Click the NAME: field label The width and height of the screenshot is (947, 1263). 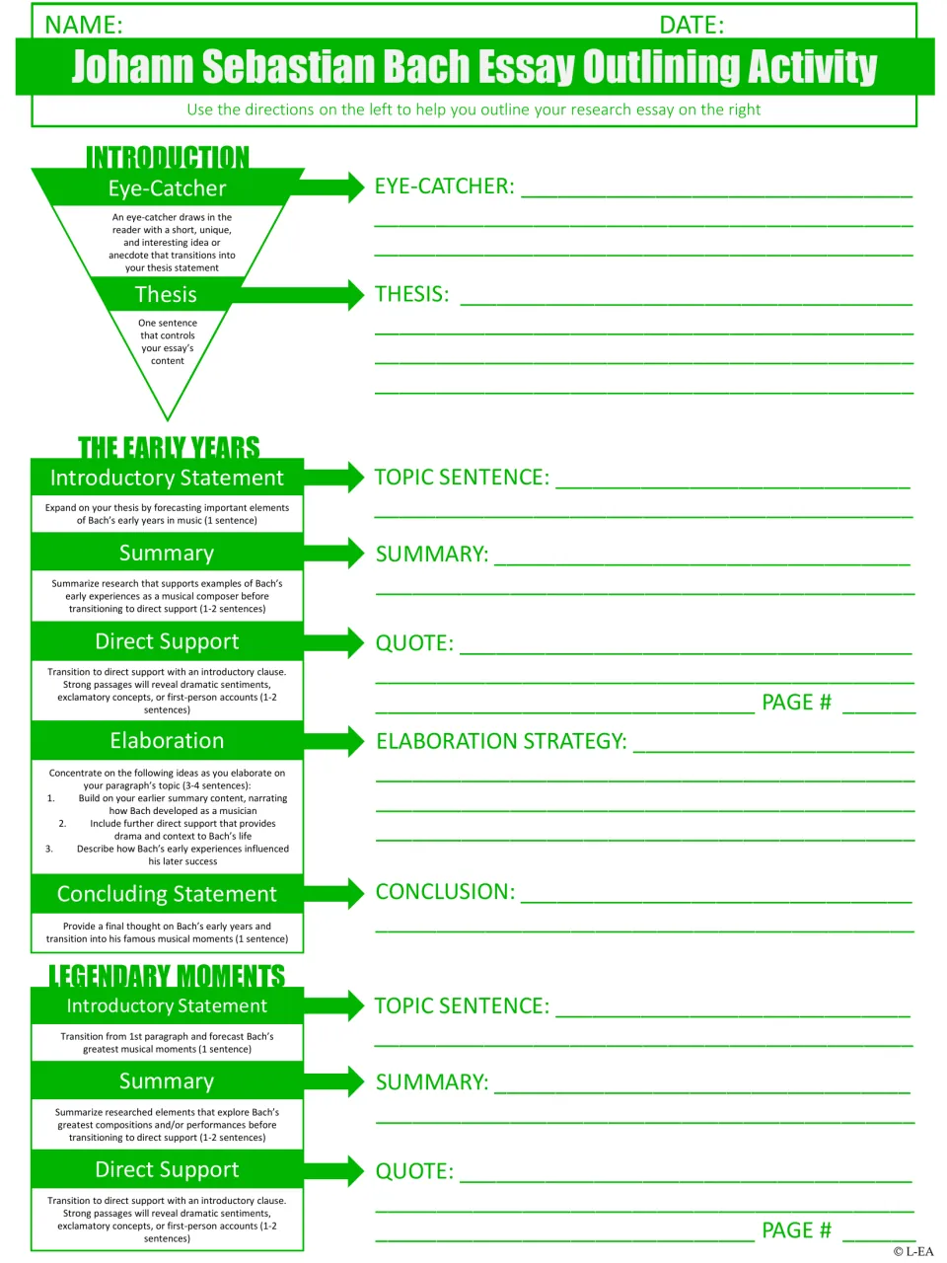pos(84,25)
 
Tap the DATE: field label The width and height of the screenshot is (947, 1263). pos(692,25)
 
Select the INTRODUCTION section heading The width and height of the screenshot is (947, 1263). pos(168,157)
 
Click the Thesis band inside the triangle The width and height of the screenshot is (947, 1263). pos(166,294)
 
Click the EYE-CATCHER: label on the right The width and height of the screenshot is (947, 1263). pos(445,186)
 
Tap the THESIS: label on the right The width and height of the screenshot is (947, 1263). pos(411,294)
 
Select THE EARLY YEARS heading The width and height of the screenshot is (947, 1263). pos(169,448)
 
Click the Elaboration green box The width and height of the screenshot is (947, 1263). pos(167,741)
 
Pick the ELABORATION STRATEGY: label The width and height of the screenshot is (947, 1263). pos(501,741)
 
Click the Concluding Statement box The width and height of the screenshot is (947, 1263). pos(167,894)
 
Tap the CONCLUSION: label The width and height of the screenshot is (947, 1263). pos(445,891)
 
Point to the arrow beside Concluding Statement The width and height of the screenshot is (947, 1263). pos(333,894)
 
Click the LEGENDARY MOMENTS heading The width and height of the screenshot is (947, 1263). pos(167,976)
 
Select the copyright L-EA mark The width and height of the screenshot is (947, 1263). pos(913,1251)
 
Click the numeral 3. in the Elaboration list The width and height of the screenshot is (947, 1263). pos(49,849)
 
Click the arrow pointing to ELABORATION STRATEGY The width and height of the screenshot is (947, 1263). pos(333,741)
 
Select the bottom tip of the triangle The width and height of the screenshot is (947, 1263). pos(168,420)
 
